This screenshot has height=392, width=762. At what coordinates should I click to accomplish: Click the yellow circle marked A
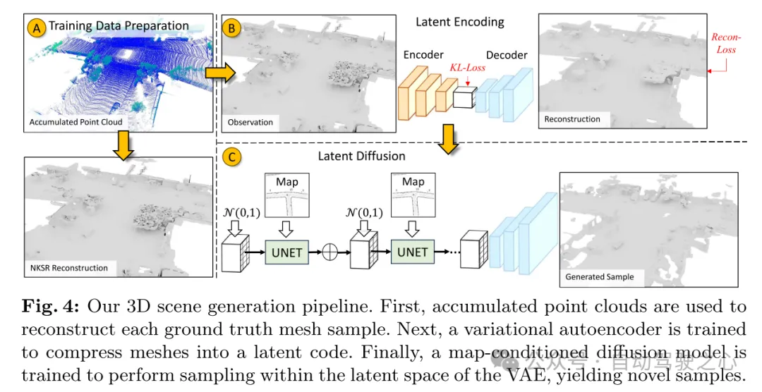coord(37,27)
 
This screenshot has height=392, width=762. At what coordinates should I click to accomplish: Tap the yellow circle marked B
coord(231,27)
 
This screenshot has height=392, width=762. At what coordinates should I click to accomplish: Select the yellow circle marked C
coord(231,156)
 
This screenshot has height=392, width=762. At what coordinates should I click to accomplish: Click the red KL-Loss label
coord(467,68)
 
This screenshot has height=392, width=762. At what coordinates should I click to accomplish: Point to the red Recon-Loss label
coord(723,43)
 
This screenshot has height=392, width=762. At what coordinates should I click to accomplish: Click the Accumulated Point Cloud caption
coord(75,122)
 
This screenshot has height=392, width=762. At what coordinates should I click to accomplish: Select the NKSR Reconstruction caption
coord(68,268)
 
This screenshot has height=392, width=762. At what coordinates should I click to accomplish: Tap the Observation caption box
coord(250,122)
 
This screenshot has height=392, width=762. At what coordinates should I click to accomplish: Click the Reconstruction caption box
coord(572,119)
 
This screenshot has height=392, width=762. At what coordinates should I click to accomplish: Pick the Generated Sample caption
coord(600,277)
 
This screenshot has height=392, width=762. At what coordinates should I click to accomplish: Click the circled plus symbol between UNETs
coord(329,252)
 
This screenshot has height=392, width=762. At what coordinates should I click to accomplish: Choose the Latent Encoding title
coord(459,22)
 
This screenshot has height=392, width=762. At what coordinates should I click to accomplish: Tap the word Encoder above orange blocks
coord(423,55)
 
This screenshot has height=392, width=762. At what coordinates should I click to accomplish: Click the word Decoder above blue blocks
coord(507,55)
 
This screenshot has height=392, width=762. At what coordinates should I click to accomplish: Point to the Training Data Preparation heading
coord(119,26)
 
